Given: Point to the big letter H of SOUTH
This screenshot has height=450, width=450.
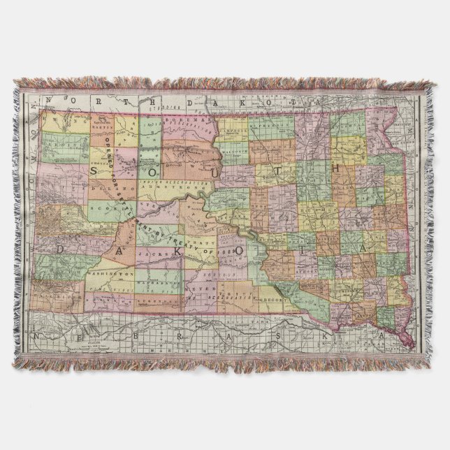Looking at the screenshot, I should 335,168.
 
